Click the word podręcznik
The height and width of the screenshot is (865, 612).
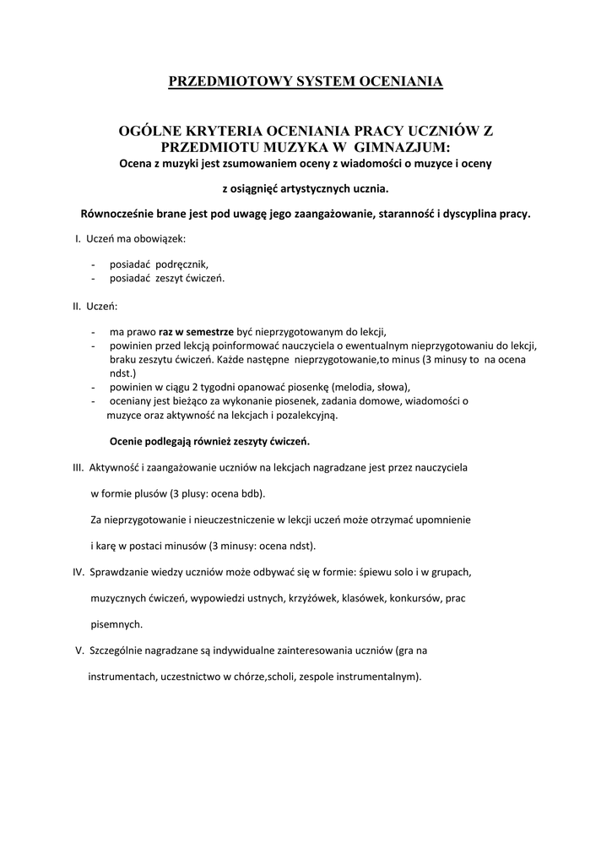(x=180, y=264)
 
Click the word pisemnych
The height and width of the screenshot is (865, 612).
(x=116, y=624)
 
